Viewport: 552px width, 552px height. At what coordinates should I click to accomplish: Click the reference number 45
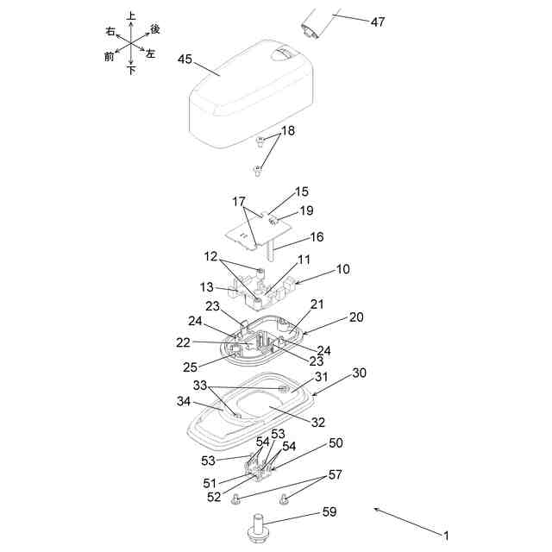pyautogui.click(x=185, y=59)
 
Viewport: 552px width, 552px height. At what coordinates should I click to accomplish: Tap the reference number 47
pyautogui.click(x=378, y=22)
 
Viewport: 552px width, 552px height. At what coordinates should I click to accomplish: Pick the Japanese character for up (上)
pyautogui.click(x=131, y=16)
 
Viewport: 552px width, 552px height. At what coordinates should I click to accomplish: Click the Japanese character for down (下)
pyautogui.click(x=131, y=71)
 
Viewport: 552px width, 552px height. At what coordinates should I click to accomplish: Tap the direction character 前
pyautogui.click(x=109, y=57)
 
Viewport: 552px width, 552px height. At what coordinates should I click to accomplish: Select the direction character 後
pyautogui.click(x=155, y=29)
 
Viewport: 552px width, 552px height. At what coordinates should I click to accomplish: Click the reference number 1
pyautogui.click(x=446, y=535)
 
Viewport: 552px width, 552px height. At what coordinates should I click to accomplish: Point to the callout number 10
pyautogui.click(x=343, y=269)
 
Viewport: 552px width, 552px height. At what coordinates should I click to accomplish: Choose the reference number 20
pyautogui.click(x=356, y=317)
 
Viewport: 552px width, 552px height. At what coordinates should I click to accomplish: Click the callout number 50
pyautogui.click(x=336, y=442)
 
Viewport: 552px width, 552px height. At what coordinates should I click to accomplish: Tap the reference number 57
pyautogui.click(x=335, y=474)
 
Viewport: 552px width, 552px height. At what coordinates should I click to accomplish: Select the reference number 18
pyautogui.click(x=287, y=130)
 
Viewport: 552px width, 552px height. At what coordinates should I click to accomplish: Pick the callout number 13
pyautogui.click(x=206, y=286)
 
